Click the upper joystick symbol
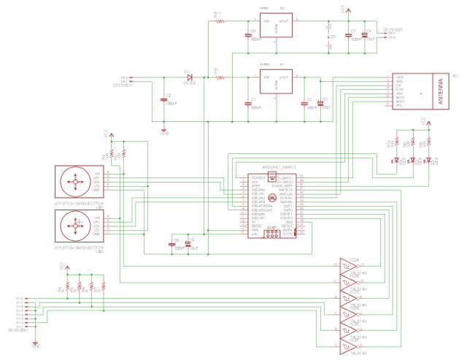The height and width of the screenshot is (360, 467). click(74, 180)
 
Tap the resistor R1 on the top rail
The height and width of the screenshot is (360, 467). click(221, 21)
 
